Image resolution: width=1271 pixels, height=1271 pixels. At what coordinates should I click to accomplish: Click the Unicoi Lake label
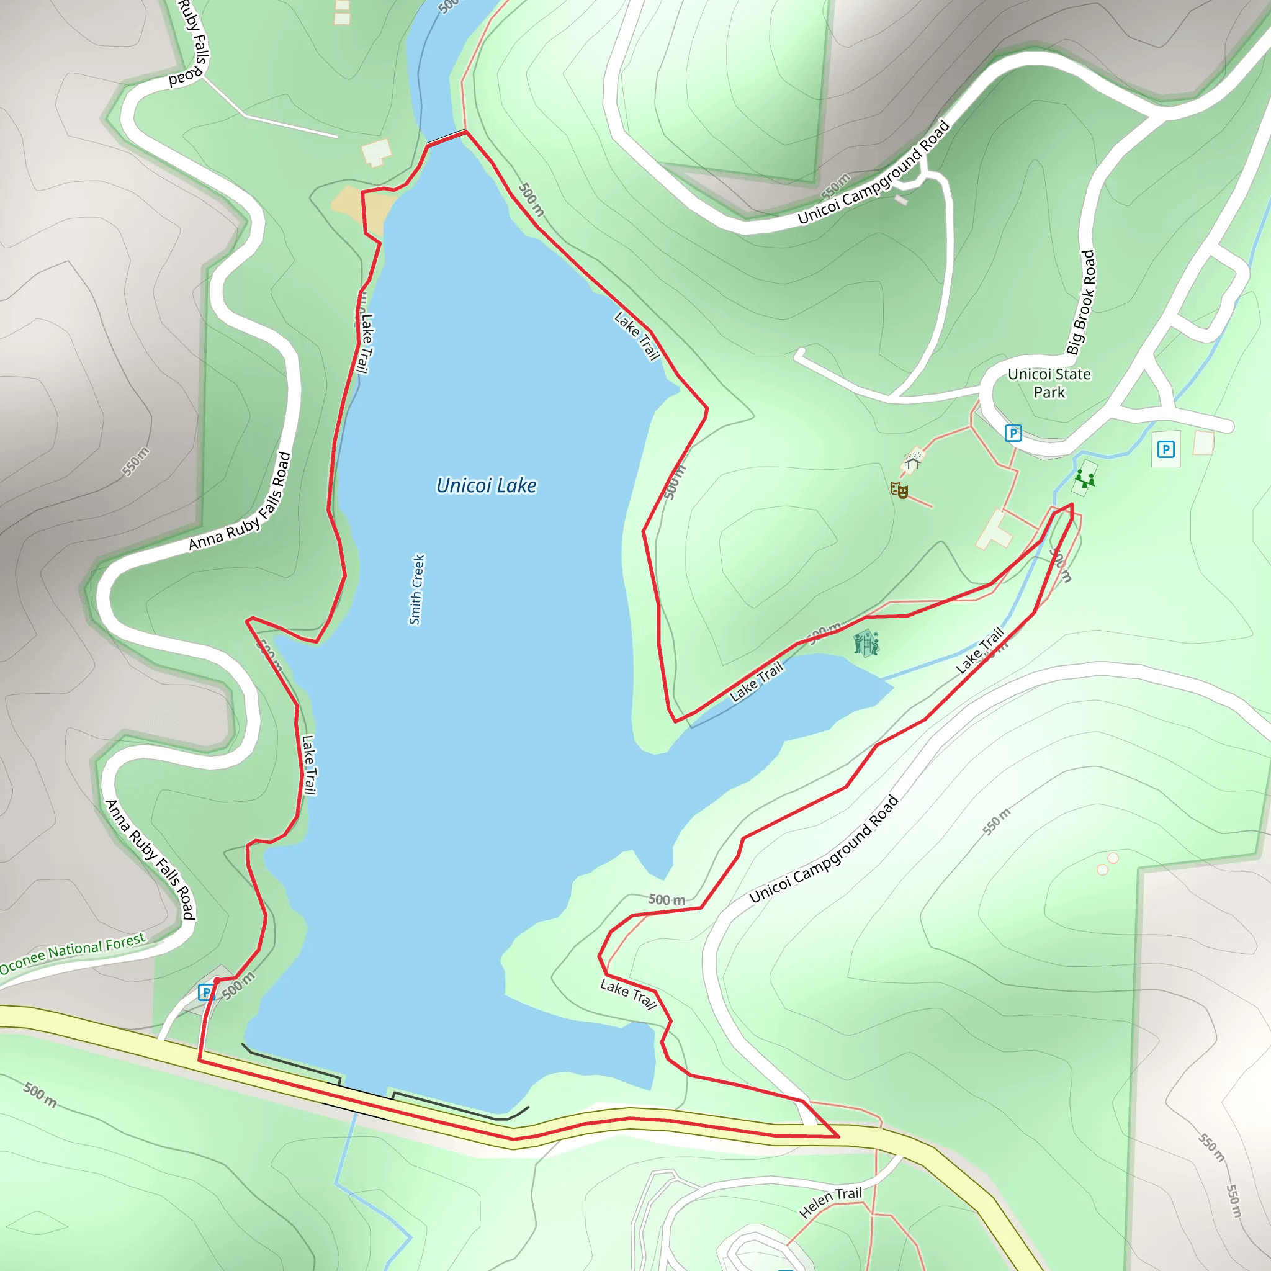[x=486, y=485]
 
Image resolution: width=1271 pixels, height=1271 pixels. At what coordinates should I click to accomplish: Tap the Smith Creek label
[x=416, y=590]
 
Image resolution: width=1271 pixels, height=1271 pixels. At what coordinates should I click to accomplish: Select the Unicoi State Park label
[x=1049, y=383]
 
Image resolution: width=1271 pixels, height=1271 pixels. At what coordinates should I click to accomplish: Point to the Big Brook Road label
[x=1081, y=302]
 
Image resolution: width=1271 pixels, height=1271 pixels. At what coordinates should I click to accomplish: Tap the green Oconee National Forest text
[x=73, y=952]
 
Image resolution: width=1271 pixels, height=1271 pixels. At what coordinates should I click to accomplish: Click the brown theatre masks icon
[x=899, y=490]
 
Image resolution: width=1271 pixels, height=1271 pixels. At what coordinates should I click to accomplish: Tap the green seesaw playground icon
[x=1084, y=478]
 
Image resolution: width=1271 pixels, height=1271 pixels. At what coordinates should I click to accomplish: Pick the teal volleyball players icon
[x=865, y=643]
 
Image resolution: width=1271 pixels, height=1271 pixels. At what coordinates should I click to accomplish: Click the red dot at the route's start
[x=217, y=980]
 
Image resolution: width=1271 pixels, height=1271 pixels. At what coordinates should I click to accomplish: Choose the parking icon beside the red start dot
[x=206, y=992]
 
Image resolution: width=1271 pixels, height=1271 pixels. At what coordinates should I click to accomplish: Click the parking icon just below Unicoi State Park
[x=1012, y=433]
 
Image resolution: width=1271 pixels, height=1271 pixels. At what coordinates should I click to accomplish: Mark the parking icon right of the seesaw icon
[x=1165, y=449]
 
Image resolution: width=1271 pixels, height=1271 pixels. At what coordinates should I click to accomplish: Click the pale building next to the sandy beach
[x=376, y=153]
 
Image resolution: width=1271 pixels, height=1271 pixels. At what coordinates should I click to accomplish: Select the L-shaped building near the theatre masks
[x=995, y=529]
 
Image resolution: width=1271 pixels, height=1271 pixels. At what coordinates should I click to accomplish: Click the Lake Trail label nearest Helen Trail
[x=628, y=994]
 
